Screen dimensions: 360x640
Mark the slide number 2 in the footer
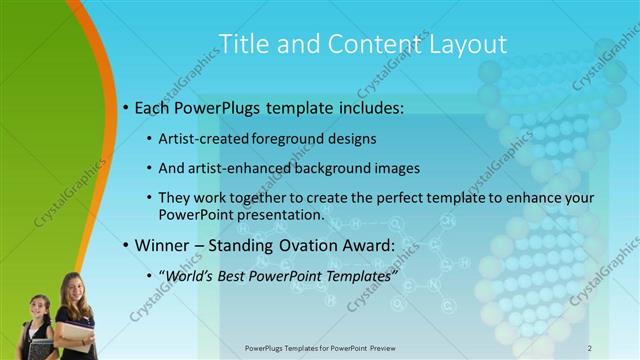pos(590,348)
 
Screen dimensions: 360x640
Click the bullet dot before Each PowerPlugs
pos(125,106)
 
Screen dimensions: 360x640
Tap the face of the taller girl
pos(76,291)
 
